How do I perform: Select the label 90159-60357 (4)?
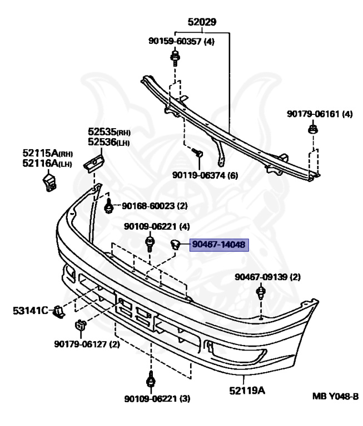tap(181, 40)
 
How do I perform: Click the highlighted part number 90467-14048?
tap(220, 245)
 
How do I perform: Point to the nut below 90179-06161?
tap(312, 131)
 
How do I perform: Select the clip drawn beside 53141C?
tap(57, 313)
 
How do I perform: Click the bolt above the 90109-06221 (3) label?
tap(150, 381)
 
